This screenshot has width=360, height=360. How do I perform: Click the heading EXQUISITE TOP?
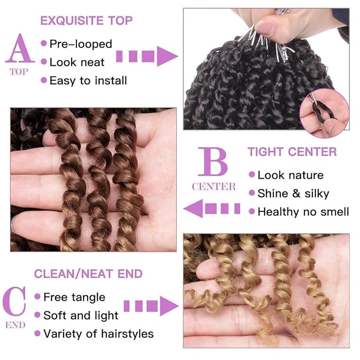(x=86, y=21)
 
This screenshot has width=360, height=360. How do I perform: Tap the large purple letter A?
(x=20, y=48)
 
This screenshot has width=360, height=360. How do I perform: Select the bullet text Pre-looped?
(x=81, y=44)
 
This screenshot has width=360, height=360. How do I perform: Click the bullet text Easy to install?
(x=88, y=81)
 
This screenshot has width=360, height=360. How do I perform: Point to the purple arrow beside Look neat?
(x=147, y=56)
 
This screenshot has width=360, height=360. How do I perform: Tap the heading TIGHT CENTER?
(x=292, y=152)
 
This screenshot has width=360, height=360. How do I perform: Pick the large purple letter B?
(x=213, y=162)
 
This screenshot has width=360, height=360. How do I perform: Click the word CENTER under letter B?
(x=214, y=187)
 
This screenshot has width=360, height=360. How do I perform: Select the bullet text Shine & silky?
(x=293, y=194)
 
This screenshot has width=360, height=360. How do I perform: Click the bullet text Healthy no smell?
(x=303, y=212)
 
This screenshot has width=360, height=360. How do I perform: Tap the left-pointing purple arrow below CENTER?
(x=212, y=208)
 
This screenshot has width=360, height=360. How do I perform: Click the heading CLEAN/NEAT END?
(x=89, y=274)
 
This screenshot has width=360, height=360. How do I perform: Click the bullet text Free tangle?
(x=74, y=297)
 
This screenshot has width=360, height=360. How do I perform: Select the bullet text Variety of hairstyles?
(x=99, y=333)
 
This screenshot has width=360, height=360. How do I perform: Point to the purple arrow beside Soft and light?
(x=151, y=306)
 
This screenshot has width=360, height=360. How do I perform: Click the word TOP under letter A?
(x=19, y=72)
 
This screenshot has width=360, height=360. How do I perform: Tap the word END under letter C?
(x=15, y=325)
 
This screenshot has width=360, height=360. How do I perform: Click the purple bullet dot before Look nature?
(x=252, y=174)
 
